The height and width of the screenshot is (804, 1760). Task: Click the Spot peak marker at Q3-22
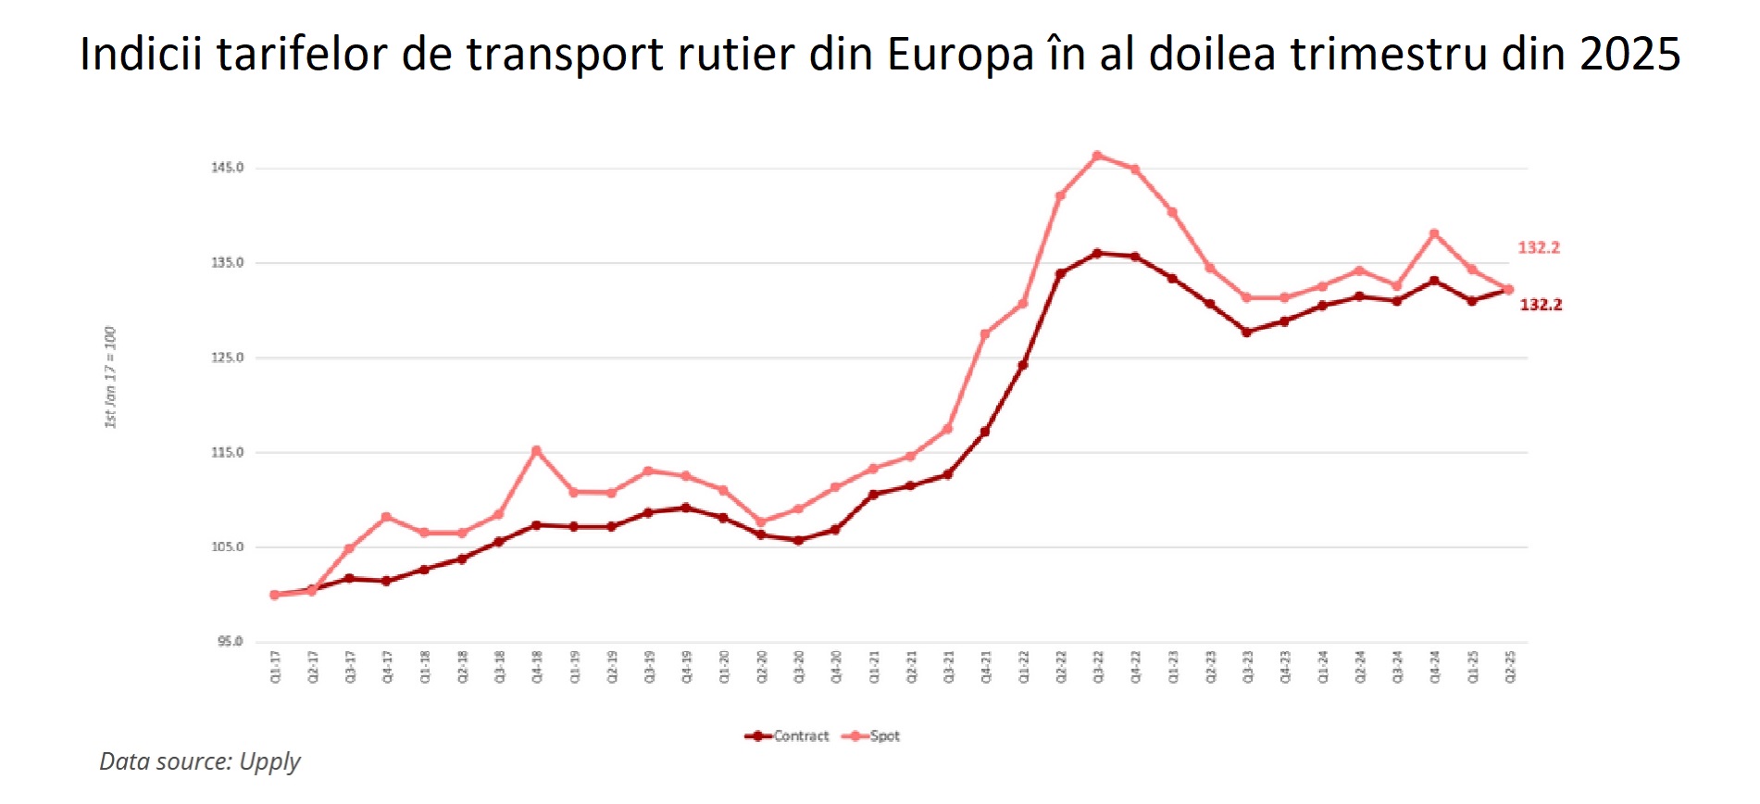(1097, 156)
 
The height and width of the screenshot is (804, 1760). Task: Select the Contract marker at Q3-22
(1097, 253)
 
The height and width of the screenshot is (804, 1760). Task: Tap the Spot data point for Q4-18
(536, 451)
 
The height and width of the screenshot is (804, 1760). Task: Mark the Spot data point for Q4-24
(1434, 233)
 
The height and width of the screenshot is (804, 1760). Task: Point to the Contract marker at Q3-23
(1247, 332)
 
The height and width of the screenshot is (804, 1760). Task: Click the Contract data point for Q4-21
(985, 432)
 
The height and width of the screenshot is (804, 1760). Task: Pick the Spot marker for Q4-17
(386, 517)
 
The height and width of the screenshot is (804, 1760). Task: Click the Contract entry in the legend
(788, 736)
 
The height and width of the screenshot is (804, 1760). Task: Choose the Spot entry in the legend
(872, 736)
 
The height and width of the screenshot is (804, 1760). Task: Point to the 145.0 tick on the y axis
(228, 168)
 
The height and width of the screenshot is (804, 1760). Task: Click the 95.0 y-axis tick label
(231, 641)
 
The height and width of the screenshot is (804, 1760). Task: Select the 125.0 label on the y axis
(228, 358)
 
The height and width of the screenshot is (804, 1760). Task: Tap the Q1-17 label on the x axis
(275, 667)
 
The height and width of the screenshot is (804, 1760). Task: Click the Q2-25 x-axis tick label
(1510, 667)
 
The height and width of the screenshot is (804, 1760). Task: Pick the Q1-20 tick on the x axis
(724, 667)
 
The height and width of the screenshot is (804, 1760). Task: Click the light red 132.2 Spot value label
(1539, 247)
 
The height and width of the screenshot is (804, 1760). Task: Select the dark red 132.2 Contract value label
(1541, 305)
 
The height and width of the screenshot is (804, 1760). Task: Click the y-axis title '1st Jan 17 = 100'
(110, 377)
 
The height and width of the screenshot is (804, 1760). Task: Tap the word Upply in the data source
(269, 761)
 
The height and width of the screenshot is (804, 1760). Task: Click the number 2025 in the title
(1629, 54)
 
